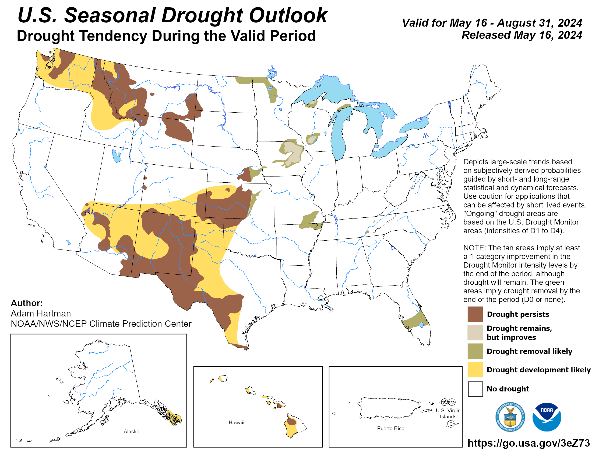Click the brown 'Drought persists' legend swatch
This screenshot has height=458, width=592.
coord(475,314)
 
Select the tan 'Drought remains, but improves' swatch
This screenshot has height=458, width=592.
coord(475,332)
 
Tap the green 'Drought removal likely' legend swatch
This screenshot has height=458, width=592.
coord(475,351)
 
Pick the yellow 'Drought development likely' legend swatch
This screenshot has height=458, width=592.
coord(475,370)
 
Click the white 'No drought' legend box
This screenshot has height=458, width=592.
coord(475,388)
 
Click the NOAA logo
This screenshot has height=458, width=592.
coord(547,417)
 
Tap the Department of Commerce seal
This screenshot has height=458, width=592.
coord(510,417)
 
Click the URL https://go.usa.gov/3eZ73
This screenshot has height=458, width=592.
coord(528,443)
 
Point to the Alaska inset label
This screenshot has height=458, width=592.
coord(132,431)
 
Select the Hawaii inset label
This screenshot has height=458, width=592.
coord(236,422)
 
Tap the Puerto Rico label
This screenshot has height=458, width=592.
coord(390,428)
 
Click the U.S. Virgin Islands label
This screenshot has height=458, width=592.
coord(448,413)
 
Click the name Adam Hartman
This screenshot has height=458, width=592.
coord(41,313)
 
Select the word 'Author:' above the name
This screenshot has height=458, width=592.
coord(27,303)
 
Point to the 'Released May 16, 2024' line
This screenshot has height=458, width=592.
coord(521,35)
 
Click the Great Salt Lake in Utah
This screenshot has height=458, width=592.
coord(117,156)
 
